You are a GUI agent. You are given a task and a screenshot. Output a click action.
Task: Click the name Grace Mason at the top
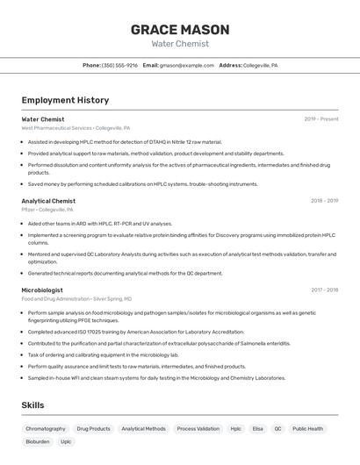(x=180, y=30)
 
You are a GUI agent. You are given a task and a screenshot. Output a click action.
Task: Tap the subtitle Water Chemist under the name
(x=180, y=43)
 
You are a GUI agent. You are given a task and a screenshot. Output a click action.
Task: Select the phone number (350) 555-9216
(x=120, y=65)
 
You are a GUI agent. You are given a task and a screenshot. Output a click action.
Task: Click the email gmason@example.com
(x=187, y=65)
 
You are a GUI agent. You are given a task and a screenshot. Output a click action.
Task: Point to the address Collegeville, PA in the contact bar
(x=260, y=65)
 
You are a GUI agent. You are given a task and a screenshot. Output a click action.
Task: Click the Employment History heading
(x=65, y=100)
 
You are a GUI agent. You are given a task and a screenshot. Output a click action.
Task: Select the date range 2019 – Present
(x=321, y=118)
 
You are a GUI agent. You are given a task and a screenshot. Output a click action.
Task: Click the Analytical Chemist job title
(x=48, y=201)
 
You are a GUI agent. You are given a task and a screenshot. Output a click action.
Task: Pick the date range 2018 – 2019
(x=324, y=201)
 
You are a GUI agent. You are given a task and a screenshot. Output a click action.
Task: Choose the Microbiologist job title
(x=42, y=290)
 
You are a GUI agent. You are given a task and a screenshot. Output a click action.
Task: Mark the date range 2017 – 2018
(x=324, y=290)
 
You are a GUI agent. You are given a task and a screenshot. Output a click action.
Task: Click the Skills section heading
(x=32, y=405)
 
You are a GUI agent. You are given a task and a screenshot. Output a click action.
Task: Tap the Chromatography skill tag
(x=46, y=429)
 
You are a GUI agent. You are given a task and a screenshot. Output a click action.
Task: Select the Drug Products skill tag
(x=93, y=429)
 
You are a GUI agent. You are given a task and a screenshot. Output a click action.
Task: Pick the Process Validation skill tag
(x=198, y=429)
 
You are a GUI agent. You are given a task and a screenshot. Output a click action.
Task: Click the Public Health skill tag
(x=307, y=429)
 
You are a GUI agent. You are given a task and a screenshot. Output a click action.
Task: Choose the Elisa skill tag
(x=258, y=429)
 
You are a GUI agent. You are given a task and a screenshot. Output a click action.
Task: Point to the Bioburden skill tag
(x=38, y=441)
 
